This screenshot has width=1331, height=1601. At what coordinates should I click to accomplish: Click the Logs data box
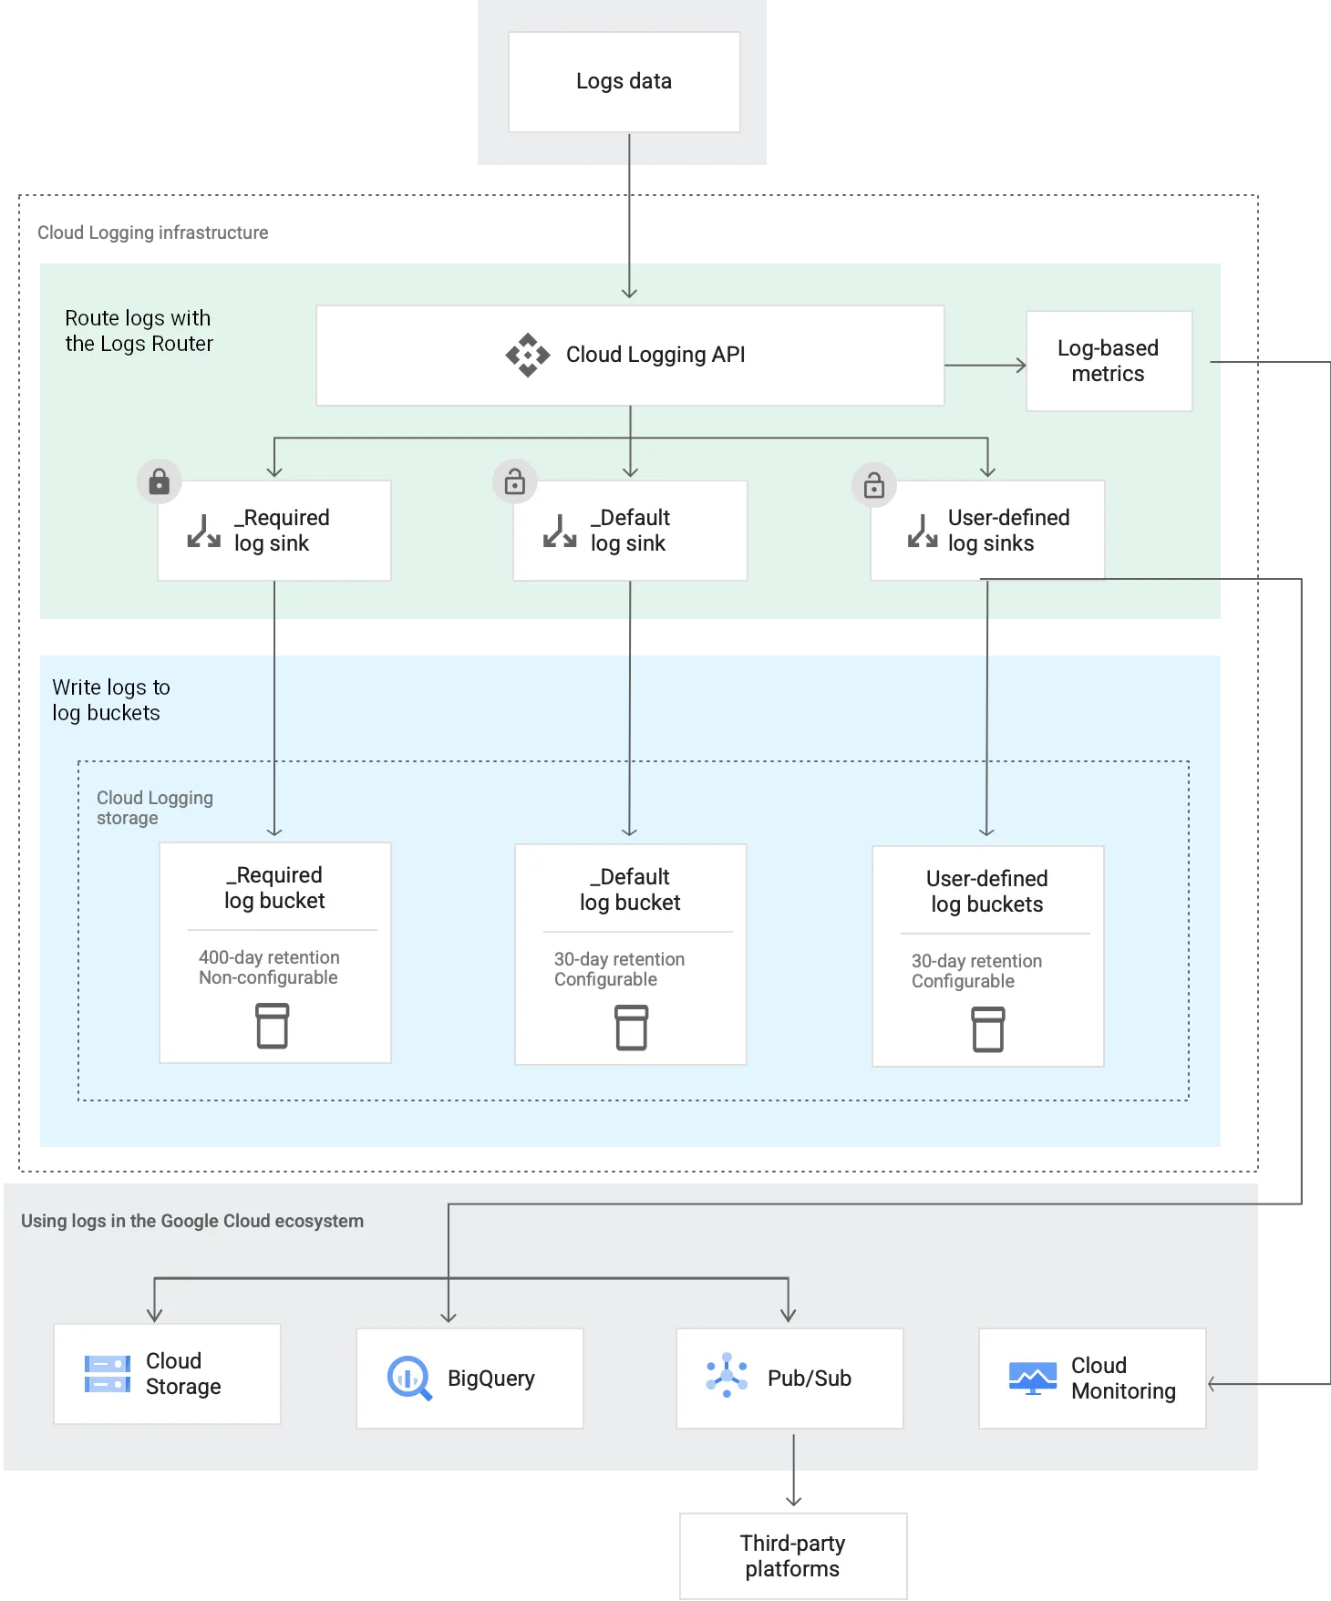(x=624, y=82)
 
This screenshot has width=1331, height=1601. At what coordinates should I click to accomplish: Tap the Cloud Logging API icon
(x=528, y=355)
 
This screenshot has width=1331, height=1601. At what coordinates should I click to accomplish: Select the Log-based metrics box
(x=1109, y=361)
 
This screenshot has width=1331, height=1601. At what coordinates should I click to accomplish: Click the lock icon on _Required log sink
(x=160, y=481)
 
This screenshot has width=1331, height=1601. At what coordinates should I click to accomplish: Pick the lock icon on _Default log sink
(x=515, y=481)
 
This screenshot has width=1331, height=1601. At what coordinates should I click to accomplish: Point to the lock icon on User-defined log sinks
(x=874, y=485)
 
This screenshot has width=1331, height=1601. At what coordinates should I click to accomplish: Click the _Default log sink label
(x=629, y=531)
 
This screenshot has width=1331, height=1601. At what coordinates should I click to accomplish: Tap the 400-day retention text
(x=269, y=957)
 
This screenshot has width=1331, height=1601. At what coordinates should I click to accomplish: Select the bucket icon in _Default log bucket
(x=631, y=1028)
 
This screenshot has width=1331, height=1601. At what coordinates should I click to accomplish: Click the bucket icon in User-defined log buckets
(x=988, y=1029)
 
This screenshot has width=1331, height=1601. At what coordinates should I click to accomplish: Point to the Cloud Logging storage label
(x=154, y=808)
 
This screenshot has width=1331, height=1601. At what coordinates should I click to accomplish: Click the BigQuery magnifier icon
(x=409, y=1378)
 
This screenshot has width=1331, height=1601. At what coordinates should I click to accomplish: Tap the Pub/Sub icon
(x=727, y=1375)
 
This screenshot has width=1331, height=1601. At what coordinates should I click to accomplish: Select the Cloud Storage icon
(x=108, y=1374)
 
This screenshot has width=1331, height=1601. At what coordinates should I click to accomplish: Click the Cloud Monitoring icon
(x=1032, y=1378)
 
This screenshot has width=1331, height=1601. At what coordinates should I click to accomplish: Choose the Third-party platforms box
(x=793, y=1555)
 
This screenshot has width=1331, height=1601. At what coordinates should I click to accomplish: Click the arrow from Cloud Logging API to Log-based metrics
(x=985, y=366)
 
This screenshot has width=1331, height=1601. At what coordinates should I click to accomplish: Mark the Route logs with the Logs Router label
(x=139, y=331)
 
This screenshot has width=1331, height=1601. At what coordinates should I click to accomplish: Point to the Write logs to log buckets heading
(x=110, y=700)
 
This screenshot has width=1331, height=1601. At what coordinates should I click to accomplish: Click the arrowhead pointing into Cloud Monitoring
(x=1213, y=1384)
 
